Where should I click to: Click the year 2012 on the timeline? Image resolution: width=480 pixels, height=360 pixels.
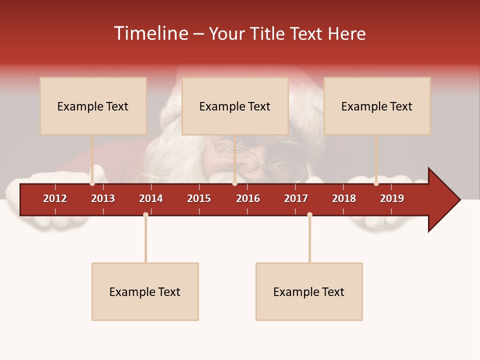(55, 198)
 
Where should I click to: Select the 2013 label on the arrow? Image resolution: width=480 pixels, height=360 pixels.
(103, 198)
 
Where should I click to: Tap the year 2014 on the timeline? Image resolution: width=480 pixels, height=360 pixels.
(151, 198)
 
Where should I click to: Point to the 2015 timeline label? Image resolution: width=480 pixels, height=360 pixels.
(199, 198)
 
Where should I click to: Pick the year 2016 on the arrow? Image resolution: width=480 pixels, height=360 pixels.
(248, 198)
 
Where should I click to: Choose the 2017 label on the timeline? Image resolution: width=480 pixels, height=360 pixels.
(296, 198)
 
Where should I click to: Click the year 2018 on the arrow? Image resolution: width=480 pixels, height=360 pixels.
(344, 198)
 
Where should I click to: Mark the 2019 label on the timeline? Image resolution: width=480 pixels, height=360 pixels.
(392, 198)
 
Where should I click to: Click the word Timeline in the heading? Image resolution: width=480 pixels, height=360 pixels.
(151, 33)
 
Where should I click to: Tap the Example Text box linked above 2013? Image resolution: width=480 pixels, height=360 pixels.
(93, 106)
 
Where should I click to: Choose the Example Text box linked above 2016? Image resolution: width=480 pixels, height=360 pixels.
(235, 106)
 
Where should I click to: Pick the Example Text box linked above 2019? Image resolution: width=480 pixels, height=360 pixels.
(377, 106)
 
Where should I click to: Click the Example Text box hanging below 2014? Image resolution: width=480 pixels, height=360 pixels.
(145, 291)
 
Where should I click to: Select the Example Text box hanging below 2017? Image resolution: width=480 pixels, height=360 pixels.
(309, 291)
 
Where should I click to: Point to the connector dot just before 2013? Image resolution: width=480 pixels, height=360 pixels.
(92, 183)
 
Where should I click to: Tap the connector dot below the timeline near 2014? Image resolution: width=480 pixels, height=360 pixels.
(145, 214)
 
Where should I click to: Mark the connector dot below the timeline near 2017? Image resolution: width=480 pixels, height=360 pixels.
(309, 214)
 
